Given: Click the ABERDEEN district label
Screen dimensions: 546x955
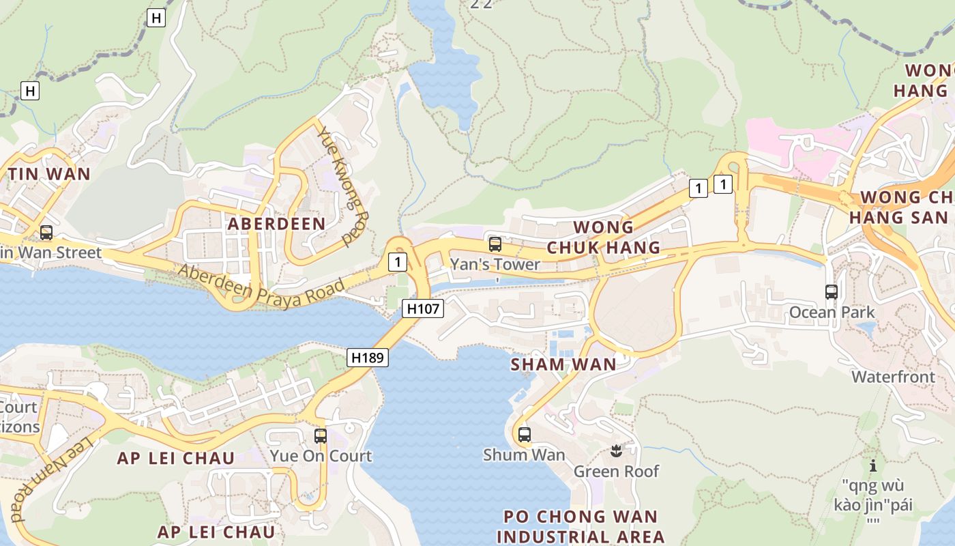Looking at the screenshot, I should click(276, 224).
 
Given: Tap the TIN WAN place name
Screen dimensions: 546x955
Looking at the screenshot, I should click(49, 174).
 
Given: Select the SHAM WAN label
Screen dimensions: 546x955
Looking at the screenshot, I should click(563, 364).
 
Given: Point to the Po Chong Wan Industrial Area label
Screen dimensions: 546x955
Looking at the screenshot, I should click(581, 526).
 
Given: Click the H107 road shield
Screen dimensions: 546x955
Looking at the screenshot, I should click(423, 309).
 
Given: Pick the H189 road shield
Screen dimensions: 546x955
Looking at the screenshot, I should click(368, 357).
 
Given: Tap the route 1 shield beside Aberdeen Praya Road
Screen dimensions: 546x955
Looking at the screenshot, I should click(396, 261).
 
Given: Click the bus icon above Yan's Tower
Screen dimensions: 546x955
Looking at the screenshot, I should click(495, 244).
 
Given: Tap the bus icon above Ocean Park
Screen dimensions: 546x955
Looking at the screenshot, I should click(831, 292).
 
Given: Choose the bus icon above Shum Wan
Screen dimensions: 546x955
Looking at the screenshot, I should click(524, 434).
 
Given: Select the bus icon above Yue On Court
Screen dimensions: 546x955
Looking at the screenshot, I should click(321, 435).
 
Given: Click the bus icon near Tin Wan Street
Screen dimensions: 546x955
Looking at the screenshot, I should click(46, 232).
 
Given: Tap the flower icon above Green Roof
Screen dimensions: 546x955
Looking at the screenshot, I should click(616, 450).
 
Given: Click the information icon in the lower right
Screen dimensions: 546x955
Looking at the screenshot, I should click(872, 466).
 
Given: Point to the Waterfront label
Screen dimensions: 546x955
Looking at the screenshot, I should click(893, 377).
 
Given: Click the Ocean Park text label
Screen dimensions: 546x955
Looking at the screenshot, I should click(832, 313).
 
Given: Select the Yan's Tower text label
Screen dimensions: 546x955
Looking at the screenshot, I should click(495, 264).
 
